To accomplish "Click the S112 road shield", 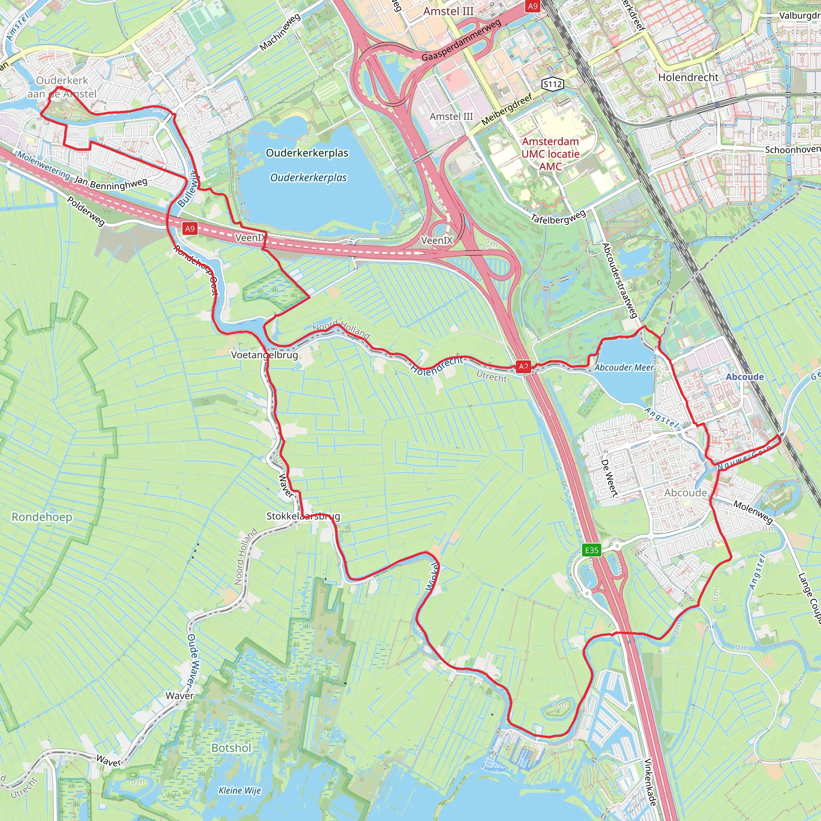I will (x=553, y=84).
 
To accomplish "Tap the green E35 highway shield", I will (x=592, y=550).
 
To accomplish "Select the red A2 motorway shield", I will (x=524, y=366).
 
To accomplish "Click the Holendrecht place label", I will (x=688, y=77).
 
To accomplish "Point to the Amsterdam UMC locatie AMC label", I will (x=550, y=154).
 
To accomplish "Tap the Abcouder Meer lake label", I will (x=624, y=368).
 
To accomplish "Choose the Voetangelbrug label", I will (x=264, y=355).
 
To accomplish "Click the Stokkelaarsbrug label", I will (x=303, y=516).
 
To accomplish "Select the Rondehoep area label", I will (x=42, y=517).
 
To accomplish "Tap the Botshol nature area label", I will (x=231, y=748).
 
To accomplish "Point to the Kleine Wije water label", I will (x=240, y=791).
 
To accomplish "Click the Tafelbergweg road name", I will (x=558, y=216).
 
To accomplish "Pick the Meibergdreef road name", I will (x=507, y=109).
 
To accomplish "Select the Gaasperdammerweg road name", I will (x=461, y=40).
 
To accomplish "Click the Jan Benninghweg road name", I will (x=111, y=183).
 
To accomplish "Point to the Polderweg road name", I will (x=86, y=211).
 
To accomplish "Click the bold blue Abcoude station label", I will (x=744, y=377).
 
